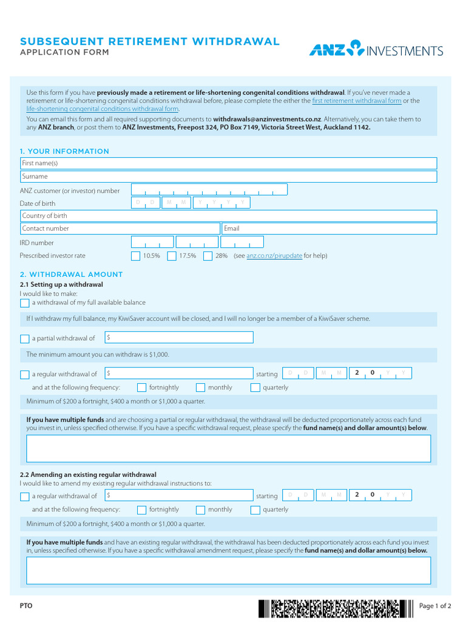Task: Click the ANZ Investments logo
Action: click(376, 49)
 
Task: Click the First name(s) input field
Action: click(228, 163)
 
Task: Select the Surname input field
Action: click(228, 176)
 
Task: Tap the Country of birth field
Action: click(228, 216)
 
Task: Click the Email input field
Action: click(329, 228)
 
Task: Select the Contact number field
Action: click(120, 228)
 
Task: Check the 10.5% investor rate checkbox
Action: click(136, 256)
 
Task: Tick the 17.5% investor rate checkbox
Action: click(172, 256)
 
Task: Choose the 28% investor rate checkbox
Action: click(208, 256)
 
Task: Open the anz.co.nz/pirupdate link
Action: click(274, 256)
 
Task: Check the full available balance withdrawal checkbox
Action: click(24, 303)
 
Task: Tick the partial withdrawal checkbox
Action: click(24, 339)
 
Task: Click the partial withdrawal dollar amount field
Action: click(179, 338)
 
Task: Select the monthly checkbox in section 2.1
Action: click(200, 388)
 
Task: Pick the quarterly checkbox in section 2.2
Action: click(255, 510)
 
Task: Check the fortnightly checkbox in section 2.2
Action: click(141, 510)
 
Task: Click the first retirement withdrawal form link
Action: click(356, 101)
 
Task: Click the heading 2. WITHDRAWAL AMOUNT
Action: click(71, 275)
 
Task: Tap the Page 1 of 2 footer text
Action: click(435, 606)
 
